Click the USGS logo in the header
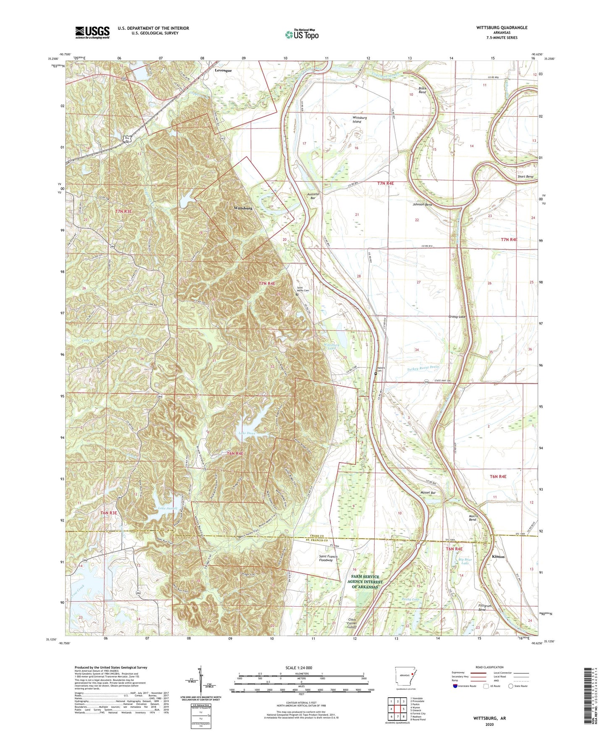[x=92, y=32]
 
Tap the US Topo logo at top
[x=302, y=34]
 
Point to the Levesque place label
[x=223, y=71]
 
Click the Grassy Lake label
[x=457, y=317]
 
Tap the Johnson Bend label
[x=422, y=204]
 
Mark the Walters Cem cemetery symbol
[x=376, y=372]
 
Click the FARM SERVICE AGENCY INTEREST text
[x=365, y=582]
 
